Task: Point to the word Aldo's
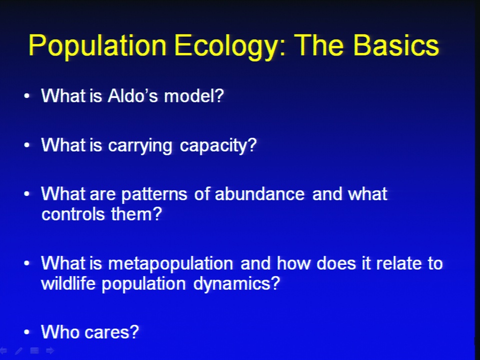[133, 95]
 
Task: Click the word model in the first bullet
[194, 95]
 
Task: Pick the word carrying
[140, 145]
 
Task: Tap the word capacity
[218, 145]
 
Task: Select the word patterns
[154, 194]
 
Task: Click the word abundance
[259, 194]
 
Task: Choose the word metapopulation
[170, 264]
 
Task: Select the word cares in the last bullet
[111, 332]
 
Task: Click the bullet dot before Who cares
[27, 332]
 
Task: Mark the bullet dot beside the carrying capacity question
[27, 145]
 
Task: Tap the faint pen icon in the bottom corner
[18, 351]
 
